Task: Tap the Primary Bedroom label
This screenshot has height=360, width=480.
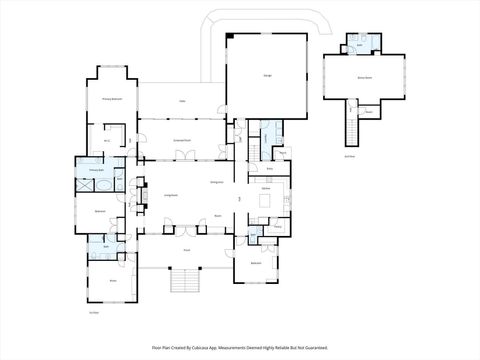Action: coord(112,99)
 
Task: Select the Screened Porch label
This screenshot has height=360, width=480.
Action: coord(182,138)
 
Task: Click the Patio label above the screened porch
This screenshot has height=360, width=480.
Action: coord(182,100)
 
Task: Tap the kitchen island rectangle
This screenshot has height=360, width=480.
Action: coord(265,201)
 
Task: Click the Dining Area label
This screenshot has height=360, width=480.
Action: coord(215,183)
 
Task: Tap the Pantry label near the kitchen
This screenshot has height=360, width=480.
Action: coord(283,153)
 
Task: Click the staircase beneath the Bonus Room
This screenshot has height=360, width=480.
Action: coord(350,125)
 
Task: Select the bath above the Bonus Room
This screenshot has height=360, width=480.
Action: coord(360,45)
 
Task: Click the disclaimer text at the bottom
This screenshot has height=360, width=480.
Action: coord(239,347)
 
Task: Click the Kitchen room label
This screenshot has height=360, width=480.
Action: coord(267,188)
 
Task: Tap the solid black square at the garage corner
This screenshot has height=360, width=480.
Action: coord(230,37)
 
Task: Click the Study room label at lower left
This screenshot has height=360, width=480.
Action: coord(111,281)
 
